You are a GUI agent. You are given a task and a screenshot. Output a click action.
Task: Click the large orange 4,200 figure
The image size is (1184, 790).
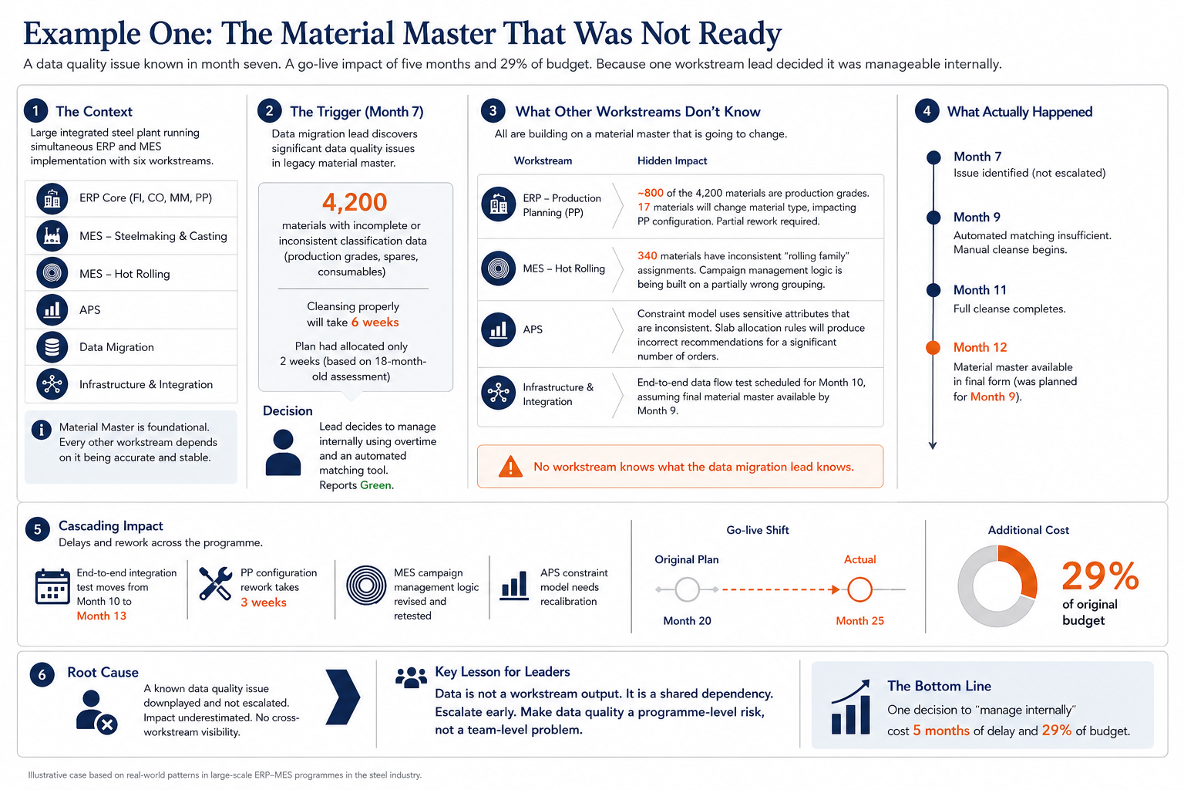[x=355, y=201]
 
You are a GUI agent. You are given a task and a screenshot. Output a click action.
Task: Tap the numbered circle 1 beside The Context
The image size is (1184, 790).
[x=36, y=111]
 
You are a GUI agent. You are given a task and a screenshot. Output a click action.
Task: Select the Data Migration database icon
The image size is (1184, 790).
[x=52, y=347]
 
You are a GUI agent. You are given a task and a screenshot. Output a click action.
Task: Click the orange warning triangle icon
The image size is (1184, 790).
[x=510, y=466]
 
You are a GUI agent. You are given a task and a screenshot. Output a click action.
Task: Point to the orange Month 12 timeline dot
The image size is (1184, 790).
[x=933, y=348]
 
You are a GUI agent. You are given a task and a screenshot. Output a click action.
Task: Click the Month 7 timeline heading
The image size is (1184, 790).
[x=977, y=157]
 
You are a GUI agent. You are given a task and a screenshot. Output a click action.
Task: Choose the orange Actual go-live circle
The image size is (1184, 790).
[x=859, y=589]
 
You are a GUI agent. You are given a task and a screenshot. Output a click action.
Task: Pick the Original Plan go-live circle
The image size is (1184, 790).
[x=687, y=589]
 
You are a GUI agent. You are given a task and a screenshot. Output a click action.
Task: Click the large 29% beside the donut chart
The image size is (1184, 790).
[x=1099, y=576]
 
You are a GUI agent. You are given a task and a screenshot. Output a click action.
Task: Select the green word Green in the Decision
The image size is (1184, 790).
[x=376, y=485]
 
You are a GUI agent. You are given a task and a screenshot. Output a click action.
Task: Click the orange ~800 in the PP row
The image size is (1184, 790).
[x=650, y=193]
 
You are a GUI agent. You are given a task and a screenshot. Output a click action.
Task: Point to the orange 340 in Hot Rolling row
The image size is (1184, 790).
[x=647, y=256]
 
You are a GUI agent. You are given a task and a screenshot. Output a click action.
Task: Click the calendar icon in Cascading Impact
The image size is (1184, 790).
[x=52, y=586]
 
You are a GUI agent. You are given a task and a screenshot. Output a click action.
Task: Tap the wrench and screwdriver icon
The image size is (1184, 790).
[x=215, y=584]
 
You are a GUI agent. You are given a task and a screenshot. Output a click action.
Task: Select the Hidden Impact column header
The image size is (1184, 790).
[x=672, y=161]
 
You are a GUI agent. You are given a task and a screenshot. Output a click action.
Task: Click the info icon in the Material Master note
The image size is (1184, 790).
[x=41, y=430]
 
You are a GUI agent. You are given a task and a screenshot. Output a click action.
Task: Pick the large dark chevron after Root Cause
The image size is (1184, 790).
[x=342, y=697]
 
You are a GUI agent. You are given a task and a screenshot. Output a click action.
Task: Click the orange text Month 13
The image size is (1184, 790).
[x=102, y=616]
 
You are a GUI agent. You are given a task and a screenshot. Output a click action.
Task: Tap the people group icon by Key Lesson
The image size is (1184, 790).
[x=411, y=677]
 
